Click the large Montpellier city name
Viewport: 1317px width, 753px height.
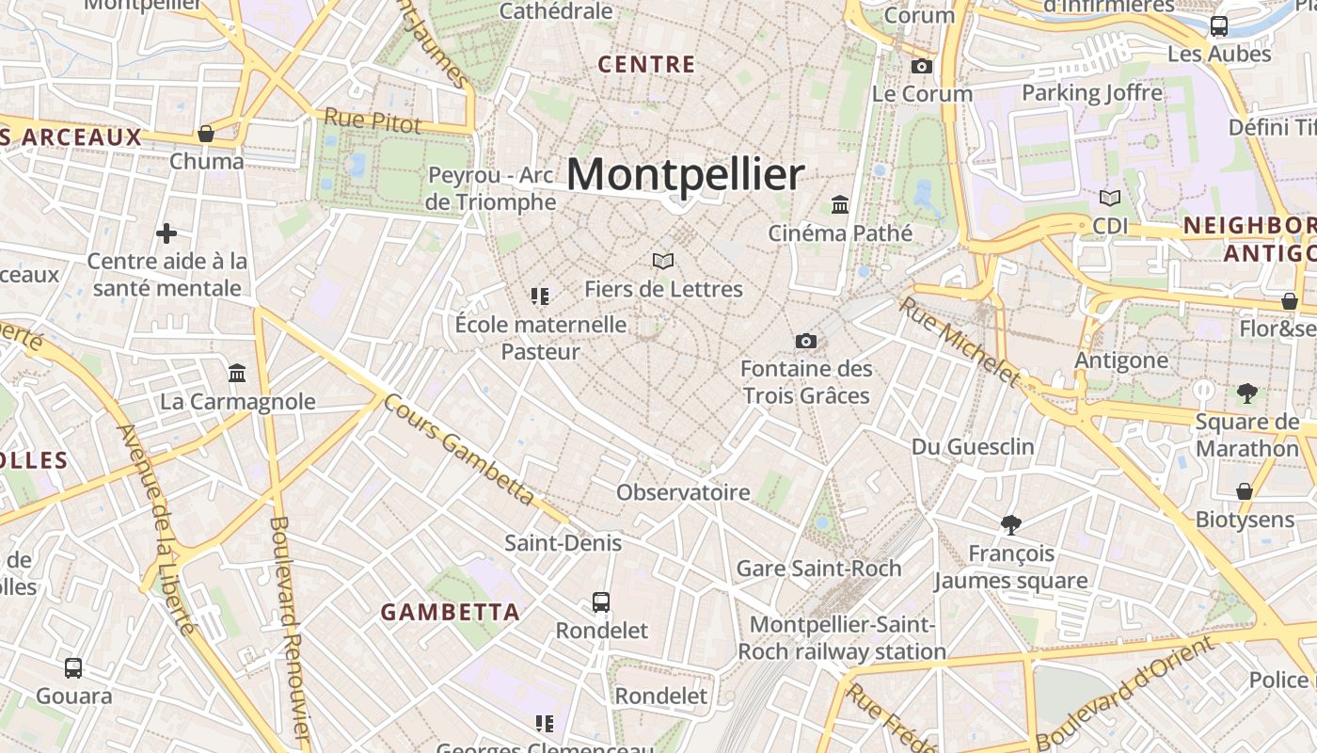686,175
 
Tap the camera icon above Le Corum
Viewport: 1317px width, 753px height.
922,66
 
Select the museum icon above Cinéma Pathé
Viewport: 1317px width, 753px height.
840,204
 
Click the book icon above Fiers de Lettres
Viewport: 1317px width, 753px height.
663,261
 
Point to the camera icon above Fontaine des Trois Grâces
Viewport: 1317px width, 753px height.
806,341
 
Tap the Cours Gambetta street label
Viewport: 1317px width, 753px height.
460,449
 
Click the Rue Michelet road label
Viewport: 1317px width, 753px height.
959,342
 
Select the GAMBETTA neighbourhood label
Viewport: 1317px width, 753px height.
450,612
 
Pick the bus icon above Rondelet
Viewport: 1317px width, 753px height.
600,601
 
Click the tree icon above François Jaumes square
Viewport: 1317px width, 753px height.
1011,524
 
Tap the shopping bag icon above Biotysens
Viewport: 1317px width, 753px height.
1245,491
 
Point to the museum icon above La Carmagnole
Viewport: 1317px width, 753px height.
237,374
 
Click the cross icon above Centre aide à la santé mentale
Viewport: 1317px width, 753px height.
167,232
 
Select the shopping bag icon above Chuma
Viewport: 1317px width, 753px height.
206,134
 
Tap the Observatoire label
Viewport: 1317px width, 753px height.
683,492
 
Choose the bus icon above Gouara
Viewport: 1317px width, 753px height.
73,668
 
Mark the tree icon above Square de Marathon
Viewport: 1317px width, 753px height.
1247,393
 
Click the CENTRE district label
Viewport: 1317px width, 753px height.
646,65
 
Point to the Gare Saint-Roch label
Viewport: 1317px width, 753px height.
818,569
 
